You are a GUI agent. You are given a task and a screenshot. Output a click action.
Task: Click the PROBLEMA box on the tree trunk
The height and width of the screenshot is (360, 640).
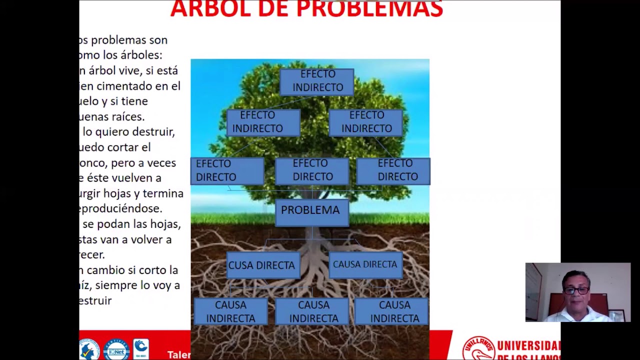tap(310, 210)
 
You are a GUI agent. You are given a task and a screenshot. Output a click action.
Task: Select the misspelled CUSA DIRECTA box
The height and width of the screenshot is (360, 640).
tap(262, 265)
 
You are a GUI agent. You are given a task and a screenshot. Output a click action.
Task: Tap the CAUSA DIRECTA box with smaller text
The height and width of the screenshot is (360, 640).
tap(365, 264)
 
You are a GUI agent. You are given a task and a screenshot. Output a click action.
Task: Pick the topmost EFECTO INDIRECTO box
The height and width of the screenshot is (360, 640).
tap(317, 81)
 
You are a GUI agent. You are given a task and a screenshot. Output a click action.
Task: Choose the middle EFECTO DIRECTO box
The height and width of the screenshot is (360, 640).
tap(312, 170)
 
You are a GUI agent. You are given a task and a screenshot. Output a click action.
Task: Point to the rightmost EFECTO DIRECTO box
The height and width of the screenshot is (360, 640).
tap(393, 170)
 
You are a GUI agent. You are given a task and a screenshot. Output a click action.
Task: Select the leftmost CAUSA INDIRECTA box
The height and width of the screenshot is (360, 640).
tap(230, 311)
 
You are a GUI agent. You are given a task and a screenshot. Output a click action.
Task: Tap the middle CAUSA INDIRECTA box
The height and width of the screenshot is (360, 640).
tap(313, 311)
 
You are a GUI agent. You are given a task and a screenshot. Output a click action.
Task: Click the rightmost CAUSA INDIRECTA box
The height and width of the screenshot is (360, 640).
tap(394, 311)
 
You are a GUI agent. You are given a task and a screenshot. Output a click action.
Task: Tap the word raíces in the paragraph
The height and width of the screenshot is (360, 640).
tap(129, 117)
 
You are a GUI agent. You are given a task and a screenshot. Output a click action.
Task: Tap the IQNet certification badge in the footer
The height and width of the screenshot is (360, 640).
tap(116, 349)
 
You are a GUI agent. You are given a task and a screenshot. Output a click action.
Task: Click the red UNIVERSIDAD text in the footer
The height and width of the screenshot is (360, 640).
tap(528, 345)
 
